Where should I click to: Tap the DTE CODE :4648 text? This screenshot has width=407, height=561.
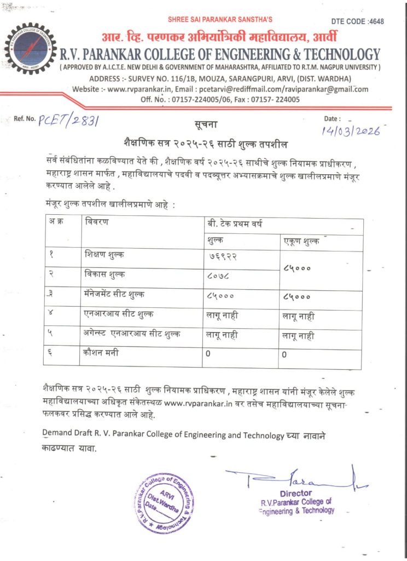pyautogui.click(x=358, y=21)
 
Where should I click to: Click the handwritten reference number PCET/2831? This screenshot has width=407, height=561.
pyautogui.click(x=68, y=121)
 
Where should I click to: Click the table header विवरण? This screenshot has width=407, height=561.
pyautogui.click(x=97, y=222)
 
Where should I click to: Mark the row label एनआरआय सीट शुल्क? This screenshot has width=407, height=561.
pyautogui.click(x=115, y=314)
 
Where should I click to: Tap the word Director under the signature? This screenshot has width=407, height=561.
pyautogui.click(x=295, y=493)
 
